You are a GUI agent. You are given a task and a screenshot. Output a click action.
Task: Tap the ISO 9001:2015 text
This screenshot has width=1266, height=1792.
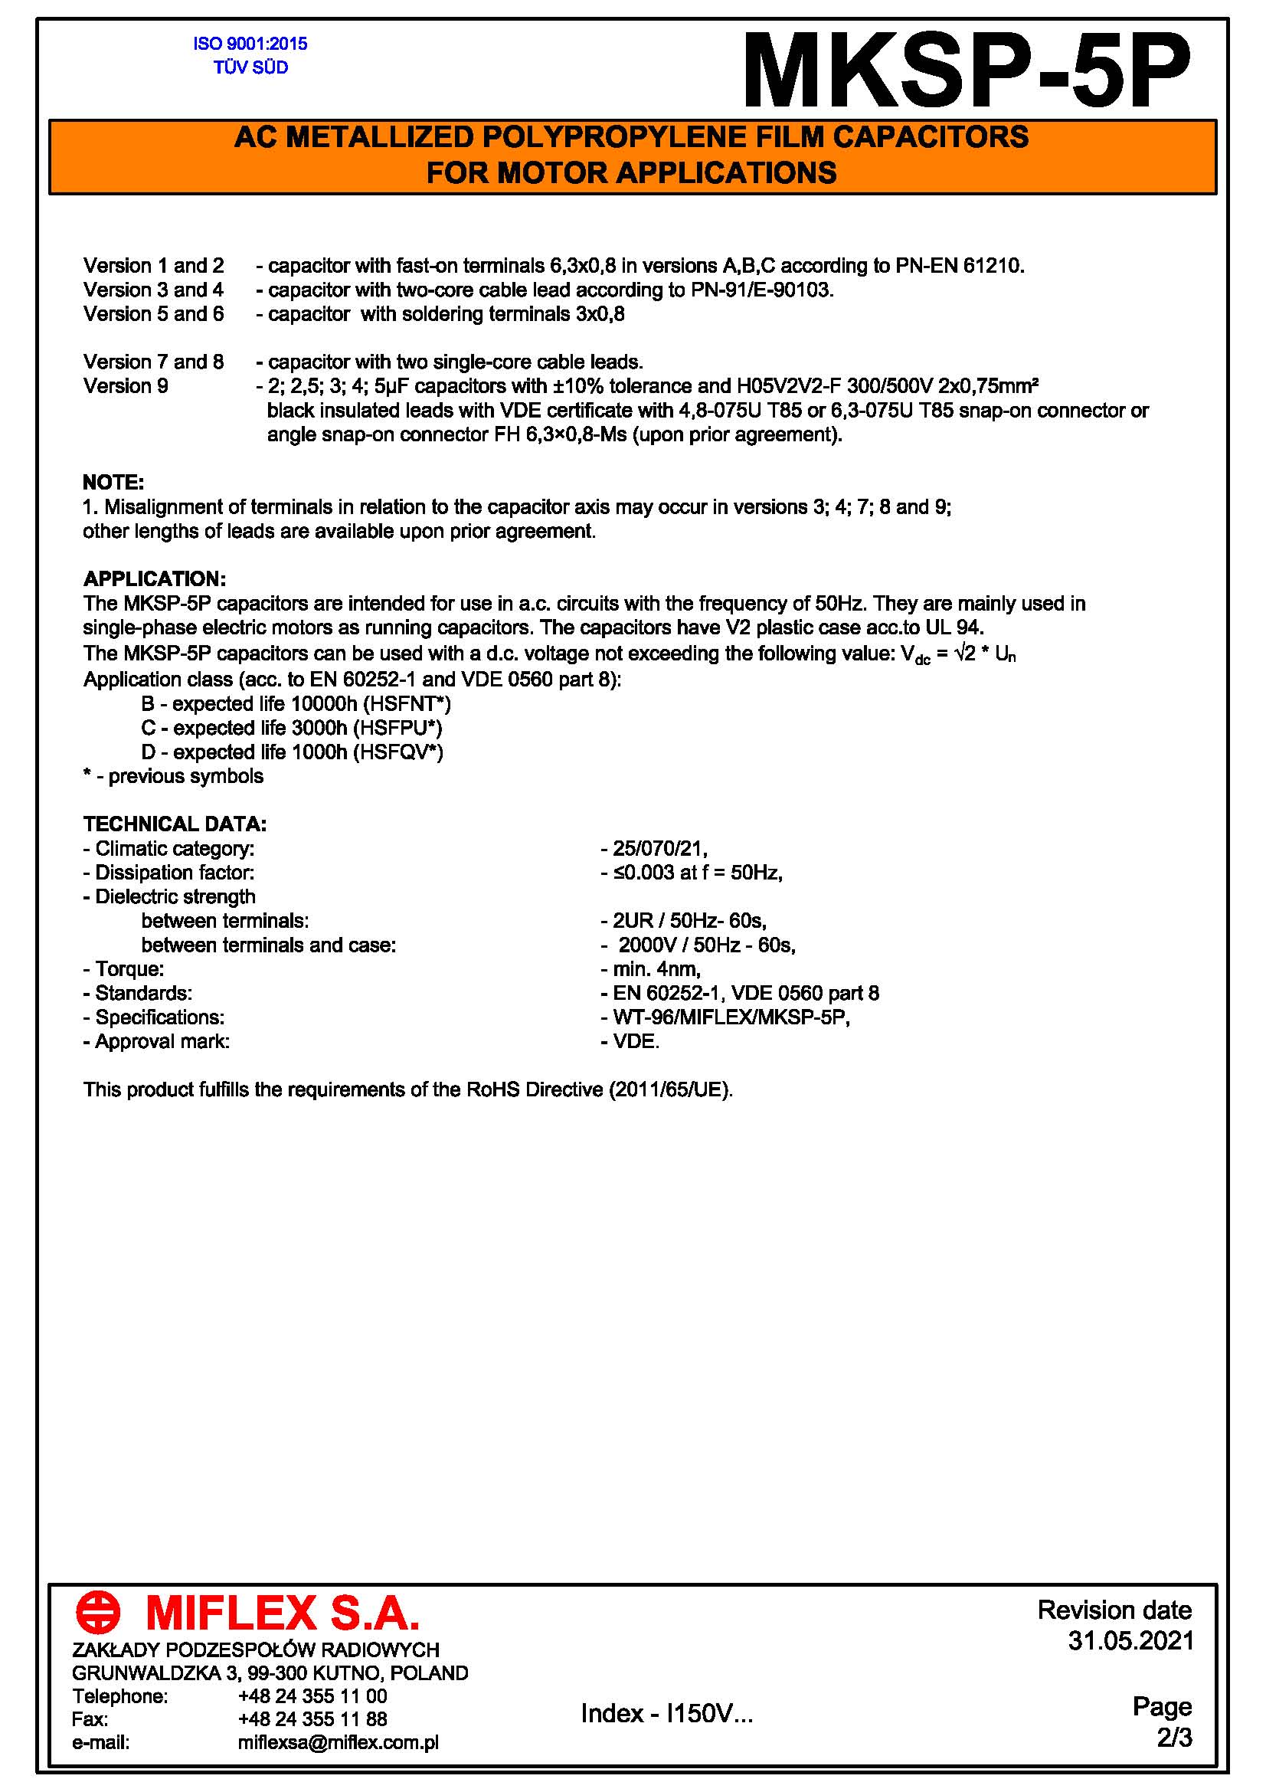250,44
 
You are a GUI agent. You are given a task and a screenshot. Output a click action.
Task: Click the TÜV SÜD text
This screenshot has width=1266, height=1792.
250,68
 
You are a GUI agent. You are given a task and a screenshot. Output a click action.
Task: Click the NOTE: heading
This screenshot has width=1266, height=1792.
113,483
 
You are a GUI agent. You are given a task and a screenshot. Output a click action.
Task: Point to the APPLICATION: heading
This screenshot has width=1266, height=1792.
155,579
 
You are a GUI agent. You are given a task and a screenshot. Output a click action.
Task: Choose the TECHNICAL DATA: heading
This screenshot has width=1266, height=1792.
175,824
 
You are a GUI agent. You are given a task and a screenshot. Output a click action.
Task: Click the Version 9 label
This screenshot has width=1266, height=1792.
126,386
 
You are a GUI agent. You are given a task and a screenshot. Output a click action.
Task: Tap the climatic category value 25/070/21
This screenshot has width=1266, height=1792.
659,848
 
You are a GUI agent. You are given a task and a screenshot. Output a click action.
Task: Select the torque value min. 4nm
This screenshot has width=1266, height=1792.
656,969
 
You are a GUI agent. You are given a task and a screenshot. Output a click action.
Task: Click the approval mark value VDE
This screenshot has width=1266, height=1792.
636,1042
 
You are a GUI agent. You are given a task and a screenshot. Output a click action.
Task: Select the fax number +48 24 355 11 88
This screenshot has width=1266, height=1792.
312,1718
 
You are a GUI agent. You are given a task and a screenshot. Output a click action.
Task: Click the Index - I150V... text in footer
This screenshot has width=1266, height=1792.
667,1713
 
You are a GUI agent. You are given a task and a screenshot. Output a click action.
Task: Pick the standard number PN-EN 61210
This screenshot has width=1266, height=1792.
958,266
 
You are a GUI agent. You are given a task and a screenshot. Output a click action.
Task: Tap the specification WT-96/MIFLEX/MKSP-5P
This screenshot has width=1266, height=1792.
730,1017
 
